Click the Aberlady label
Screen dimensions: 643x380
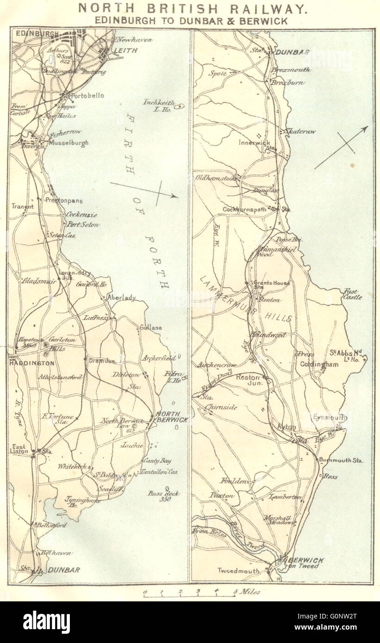(121, 298)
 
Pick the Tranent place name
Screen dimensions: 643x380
(22, 207)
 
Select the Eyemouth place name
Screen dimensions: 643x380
(329, 417)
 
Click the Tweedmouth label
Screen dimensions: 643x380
(238, 571)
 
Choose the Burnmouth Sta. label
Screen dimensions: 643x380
(341, 461)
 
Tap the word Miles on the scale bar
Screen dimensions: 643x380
(250, 592)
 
